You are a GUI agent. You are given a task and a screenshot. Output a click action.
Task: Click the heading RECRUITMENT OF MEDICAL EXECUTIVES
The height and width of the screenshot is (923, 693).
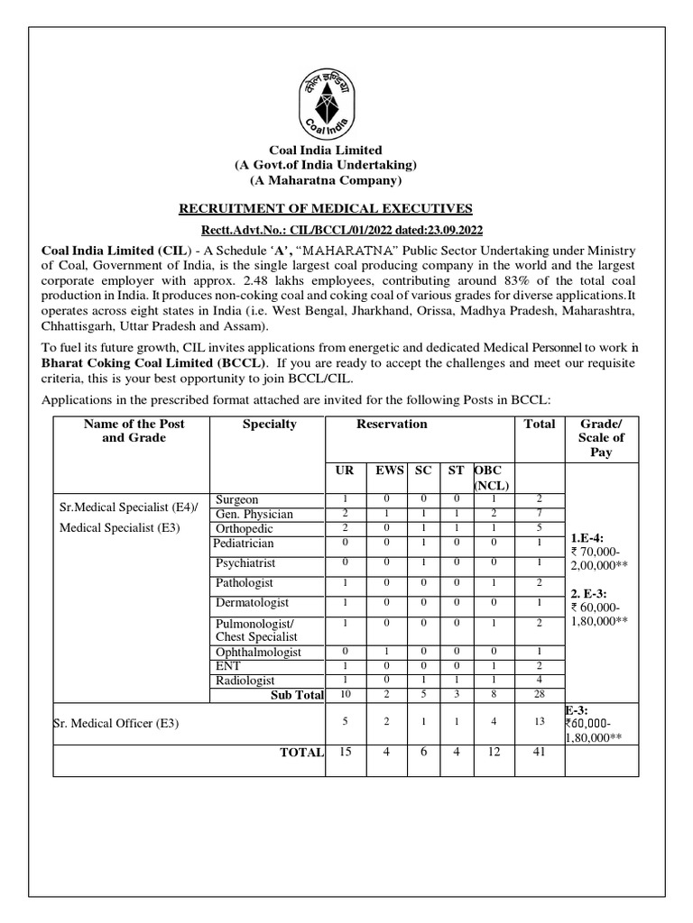(326, 208)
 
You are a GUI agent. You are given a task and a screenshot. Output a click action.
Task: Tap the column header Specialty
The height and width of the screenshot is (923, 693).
(269, 424)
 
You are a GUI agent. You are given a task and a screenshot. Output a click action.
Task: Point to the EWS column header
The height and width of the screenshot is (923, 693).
(390, 471)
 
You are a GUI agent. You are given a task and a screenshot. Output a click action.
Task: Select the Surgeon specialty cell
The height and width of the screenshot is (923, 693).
(236, 499)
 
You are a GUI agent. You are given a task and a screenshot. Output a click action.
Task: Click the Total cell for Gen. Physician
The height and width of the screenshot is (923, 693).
(540, 514)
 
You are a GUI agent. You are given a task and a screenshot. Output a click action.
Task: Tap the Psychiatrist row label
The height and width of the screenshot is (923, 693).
(245, 563)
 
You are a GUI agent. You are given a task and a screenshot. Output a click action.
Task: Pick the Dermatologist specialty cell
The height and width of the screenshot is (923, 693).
(249, 602)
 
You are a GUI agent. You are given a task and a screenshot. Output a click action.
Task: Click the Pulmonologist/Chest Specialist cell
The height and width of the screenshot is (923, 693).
(255, 630)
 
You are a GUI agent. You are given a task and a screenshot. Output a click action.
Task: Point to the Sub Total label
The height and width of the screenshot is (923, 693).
(297, 695)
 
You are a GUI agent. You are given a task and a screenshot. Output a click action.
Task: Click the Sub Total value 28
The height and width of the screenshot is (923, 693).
(540, 695)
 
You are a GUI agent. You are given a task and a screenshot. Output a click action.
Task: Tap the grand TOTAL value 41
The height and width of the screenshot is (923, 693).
(540, 752)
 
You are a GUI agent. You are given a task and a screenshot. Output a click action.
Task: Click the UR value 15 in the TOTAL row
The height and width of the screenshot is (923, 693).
(344, 752)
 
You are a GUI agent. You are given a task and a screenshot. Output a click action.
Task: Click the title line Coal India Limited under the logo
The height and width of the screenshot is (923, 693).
(326, 150)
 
